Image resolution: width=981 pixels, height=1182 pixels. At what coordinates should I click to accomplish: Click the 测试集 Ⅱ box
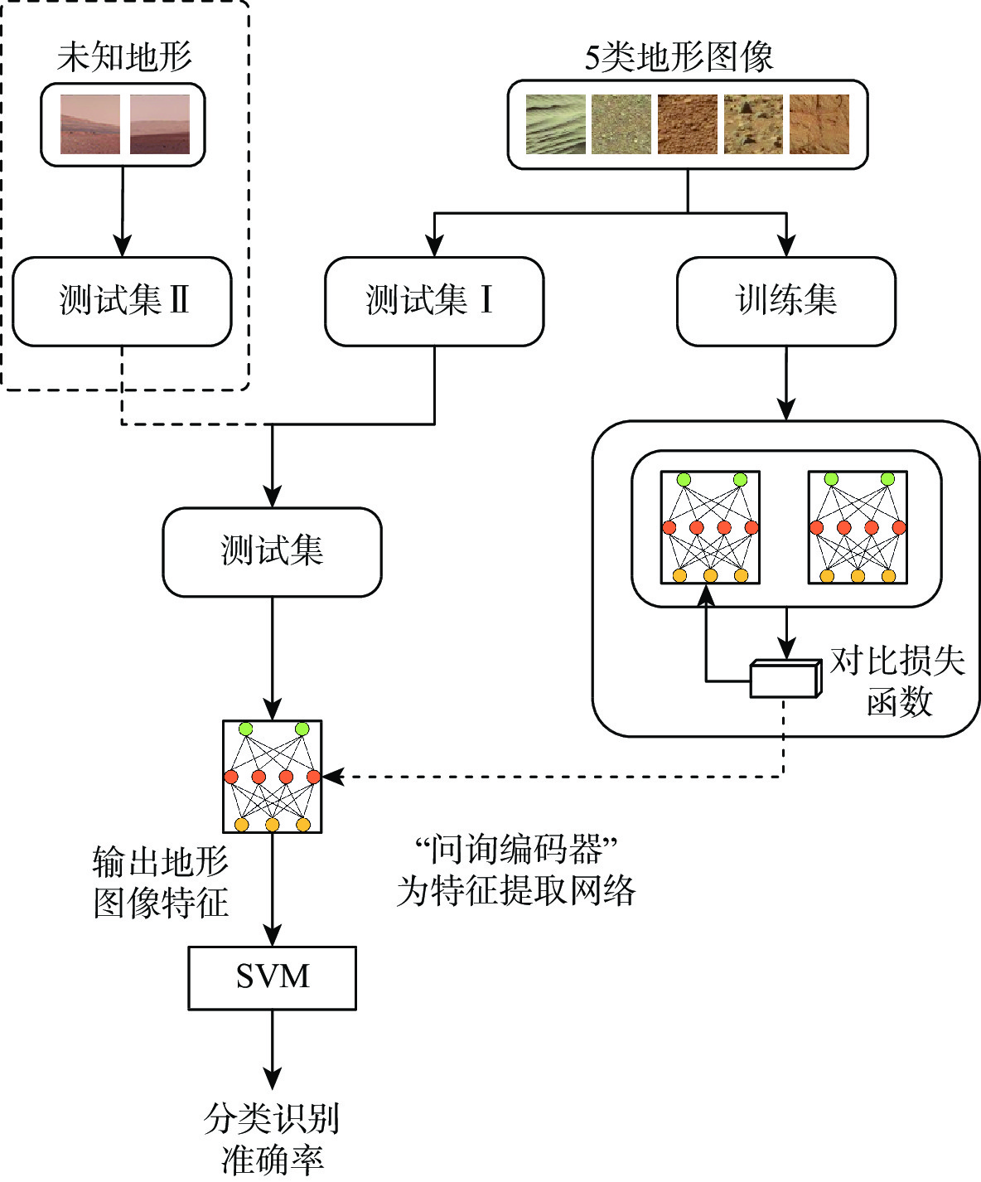[x=122, y=301]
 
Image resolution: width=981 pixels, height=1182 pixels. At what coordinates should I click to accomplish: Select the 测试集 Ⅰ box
[x=434, y=301]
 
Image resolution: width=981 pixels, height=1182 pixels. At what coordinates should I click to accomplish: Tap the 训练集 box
[x=786, y=301]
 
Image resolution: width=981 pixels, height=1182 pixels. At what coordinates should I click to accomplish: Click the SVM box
[x=272, y=977]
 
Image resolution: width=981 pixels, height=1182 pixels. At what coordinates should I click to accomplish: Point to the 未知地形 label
[x=124, y=57]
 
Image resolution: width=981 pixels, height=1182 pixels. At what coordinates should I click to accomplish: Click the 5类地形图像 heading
[x=679, y=57]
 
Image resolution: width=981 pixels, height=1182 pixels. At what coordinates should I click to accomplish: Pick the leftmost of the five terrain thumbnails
[x=555, y=124]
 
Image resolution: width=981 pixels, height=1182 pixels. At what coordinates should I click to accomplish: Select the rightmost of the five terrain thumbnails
[x=819, y=124]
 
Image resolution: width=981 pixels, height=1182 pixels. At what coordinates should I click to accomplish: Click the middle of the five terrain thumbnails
[x=687, y=124]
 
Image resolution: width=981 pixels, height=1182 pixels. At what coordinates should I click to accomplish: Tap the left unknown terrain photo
[x=90, y=124]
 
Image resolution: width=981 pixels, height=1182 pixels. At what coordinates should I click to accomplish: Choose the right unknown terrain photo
[x=160, y=124]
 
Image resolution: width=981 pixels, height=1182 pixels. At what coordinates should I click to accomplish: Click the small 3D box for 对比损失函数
[x=785, y=679]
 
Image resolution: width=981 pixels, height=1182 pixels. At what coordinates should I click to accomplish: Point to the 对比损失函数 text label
[x=898, y=681]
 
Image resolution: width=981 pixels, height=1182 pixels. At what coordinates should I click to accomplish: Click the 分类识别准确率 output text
[x=272, y=1138]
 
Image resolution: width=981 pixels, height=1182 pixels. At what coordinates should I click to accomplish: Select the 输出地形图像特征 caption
[x=160, y=882]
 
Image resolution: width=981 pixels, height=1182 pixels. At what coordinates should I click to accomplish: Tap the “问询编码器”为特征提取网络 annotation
[x=516, y=870]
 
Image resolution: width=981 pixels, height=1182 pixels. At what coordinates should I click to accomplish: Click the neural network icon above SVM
[x=272, y=776]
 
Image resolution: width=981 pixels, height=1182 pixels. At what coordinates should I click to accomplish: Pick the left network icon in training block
[x=710, y=527]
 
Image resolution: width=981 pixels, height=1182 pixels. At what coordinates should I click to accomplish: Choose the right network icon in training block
[x=858, y=527]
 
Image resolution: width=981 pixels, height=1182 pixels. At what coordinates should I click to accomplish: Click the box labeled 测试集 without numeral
[x=272, y=552]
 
